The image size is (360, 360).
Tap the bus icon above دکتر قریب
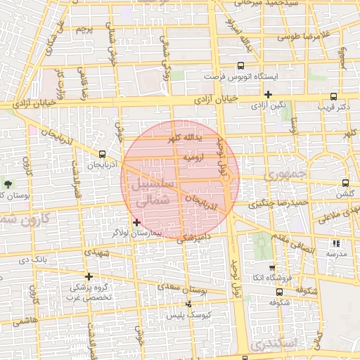point(333,97)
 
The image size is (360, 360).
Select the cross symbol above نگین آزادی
point(268,94)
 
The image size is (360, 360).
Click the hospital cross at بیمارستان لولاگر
point(136,222)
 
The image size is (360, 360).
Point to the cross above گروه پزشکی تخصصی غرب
point(89,276)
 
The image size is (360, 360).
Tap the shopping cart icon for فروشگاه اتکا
point(272,267)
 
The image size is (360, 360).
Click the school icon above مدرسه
point(335,243)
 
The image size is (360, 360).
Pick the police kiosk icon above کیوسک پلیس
point(188,304)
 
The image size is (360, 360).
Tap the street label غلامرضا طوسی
point(314,35)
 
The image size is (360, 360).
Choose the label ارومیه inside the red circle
point(193,158)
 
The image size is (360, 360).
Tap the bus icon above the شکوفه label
point(280,292)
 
